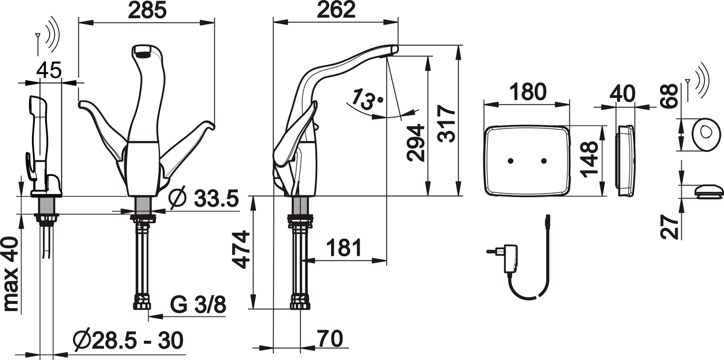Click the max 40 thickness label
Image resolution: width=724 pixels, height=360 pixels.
pos(10,274)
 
